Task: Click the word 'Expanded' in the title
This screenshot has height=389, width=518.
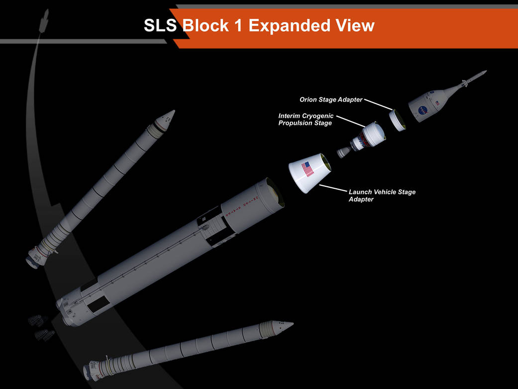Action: click(x=290, y=26)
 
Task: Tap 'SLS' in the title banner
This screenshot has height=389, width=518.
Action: click(x=160, y=25)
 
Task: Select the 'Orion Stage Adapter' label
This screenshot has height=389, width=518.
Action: click(x=331, y=100)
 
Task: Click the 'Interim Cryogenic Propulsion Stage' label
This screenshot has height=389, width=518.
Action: click(x=306, y=120)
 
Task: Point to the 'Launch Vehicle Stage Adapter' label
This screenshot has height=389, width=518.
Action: click(x=382, y=195)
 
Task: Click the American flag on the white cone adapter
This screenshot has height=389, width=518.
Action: click(x=308, y=169)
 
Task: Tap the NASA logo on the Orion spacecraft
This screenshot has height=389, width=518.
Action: click(x=422, y=110)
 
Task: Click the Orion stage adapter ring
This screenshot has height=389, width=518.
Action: click(x=397, y=120)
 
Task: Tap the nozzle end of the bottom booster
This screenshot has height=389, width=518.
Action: click(x=88, y=373)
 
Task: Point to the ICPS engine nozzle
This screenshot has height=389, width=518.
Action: click(x=344, y=152)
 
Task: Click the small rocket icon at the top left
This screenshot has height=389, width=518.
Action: click(x=44, y=21)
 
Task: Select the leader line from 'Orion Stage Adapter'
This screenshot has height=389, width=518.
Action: click(x=378, y=105)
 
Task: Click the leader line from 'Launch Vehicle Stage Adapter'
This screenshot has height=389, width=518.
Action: click(x=333, y=188)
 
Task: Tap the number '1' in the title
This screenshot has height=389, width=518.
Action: click(x=238, y=26)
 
